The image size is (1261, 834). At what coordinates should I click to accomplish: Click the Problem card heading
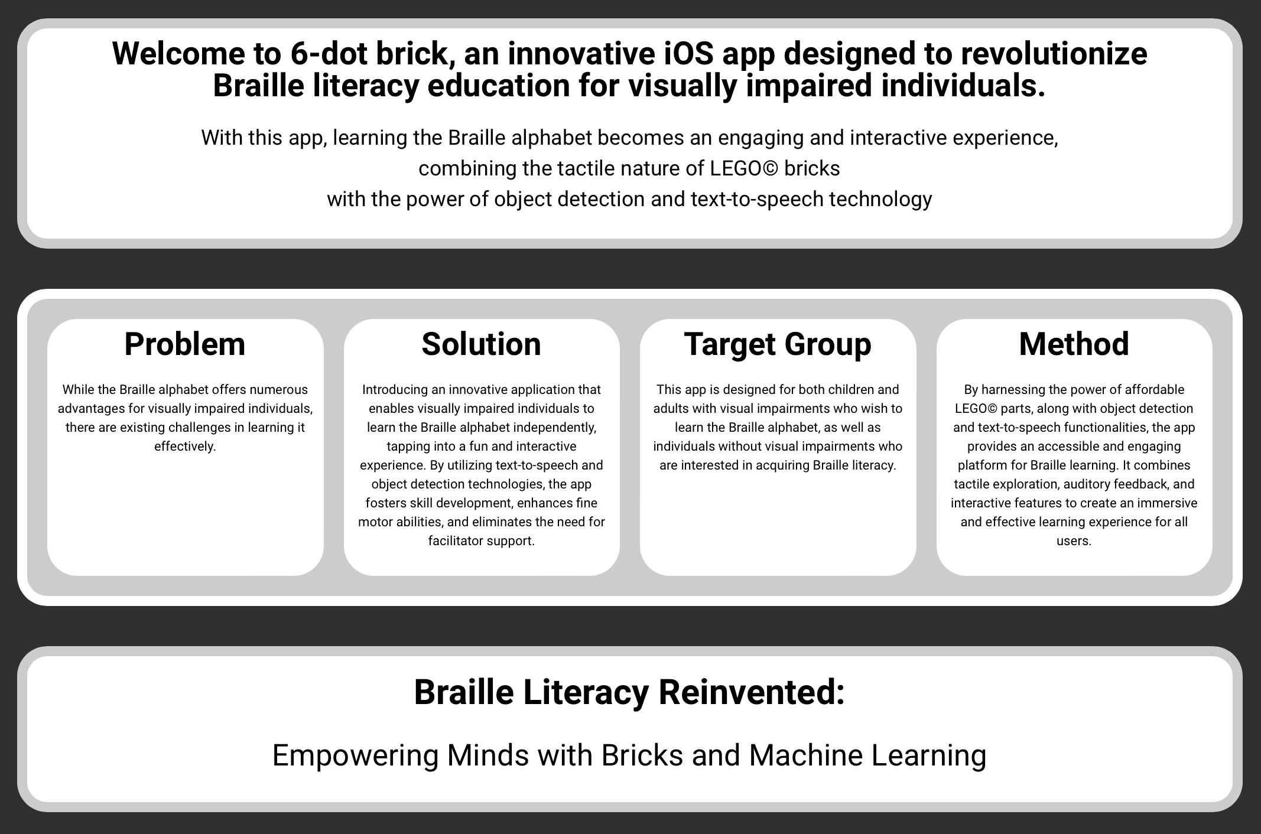(185, 344)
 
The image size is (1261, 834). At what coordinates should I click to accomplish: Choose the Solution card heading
(482, 344)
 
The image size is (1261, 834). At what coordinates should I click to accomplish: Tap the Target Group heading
(778, 344)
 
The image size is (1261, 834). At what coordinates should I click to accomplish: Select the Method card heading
(1074, 344)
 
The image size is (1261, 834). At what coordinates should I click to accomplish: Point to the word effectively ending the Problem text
(185, 447)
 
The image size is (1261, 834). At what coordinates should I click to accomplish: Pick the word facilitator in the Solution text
(454, 541)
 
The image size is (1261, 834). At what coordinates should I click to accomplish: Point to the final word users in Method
(1074, 541)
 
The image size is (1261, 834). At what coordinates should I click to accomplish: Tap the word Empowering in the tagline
(355, 755)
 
